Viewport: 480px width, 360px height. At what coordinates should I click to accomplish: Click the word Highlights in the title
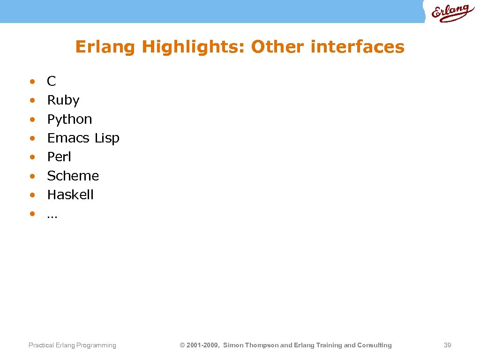click(x=193, y=47)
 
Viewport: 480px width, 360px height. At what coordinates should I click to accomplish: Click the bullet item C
click(x=52, y=82)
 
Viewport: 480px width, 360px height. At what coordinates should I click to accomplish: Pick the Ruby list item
click(x=63, y=101)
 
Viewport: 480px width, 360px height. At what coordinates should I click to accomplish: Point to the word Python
click(x=69, y=120)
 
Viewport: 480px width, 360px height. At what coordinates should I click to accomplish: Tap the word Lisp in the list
click(x=107, y=138)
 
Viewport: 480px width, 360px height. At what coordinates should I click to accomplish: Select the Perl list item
click(x=59, y=157)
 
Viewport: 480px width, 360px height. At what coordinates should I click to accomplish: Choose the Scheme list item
click(x=73, y=176)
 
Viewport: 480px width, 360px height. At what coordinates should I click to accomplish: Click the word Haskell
click(x=70, y=195)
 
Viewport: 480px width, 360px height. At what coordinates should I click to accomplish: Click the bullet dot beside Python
click(x=32, y=120)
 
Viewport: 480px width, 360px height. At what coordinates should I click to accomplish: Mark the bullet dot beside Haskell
click(x=32, y=195)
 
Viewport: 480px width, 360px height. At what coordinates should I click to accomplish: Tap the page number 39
click(x=447, y=345)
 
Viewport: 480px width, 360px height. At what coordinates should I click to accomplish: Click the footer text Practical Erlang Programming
click(x=72, y=345)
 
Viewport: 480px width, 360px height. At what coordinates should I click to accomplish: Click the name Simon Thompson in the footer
click(x=250, y=345)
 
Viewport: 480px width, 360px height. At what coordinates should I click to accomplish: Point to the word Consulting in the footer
click(x=375, y=345)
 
